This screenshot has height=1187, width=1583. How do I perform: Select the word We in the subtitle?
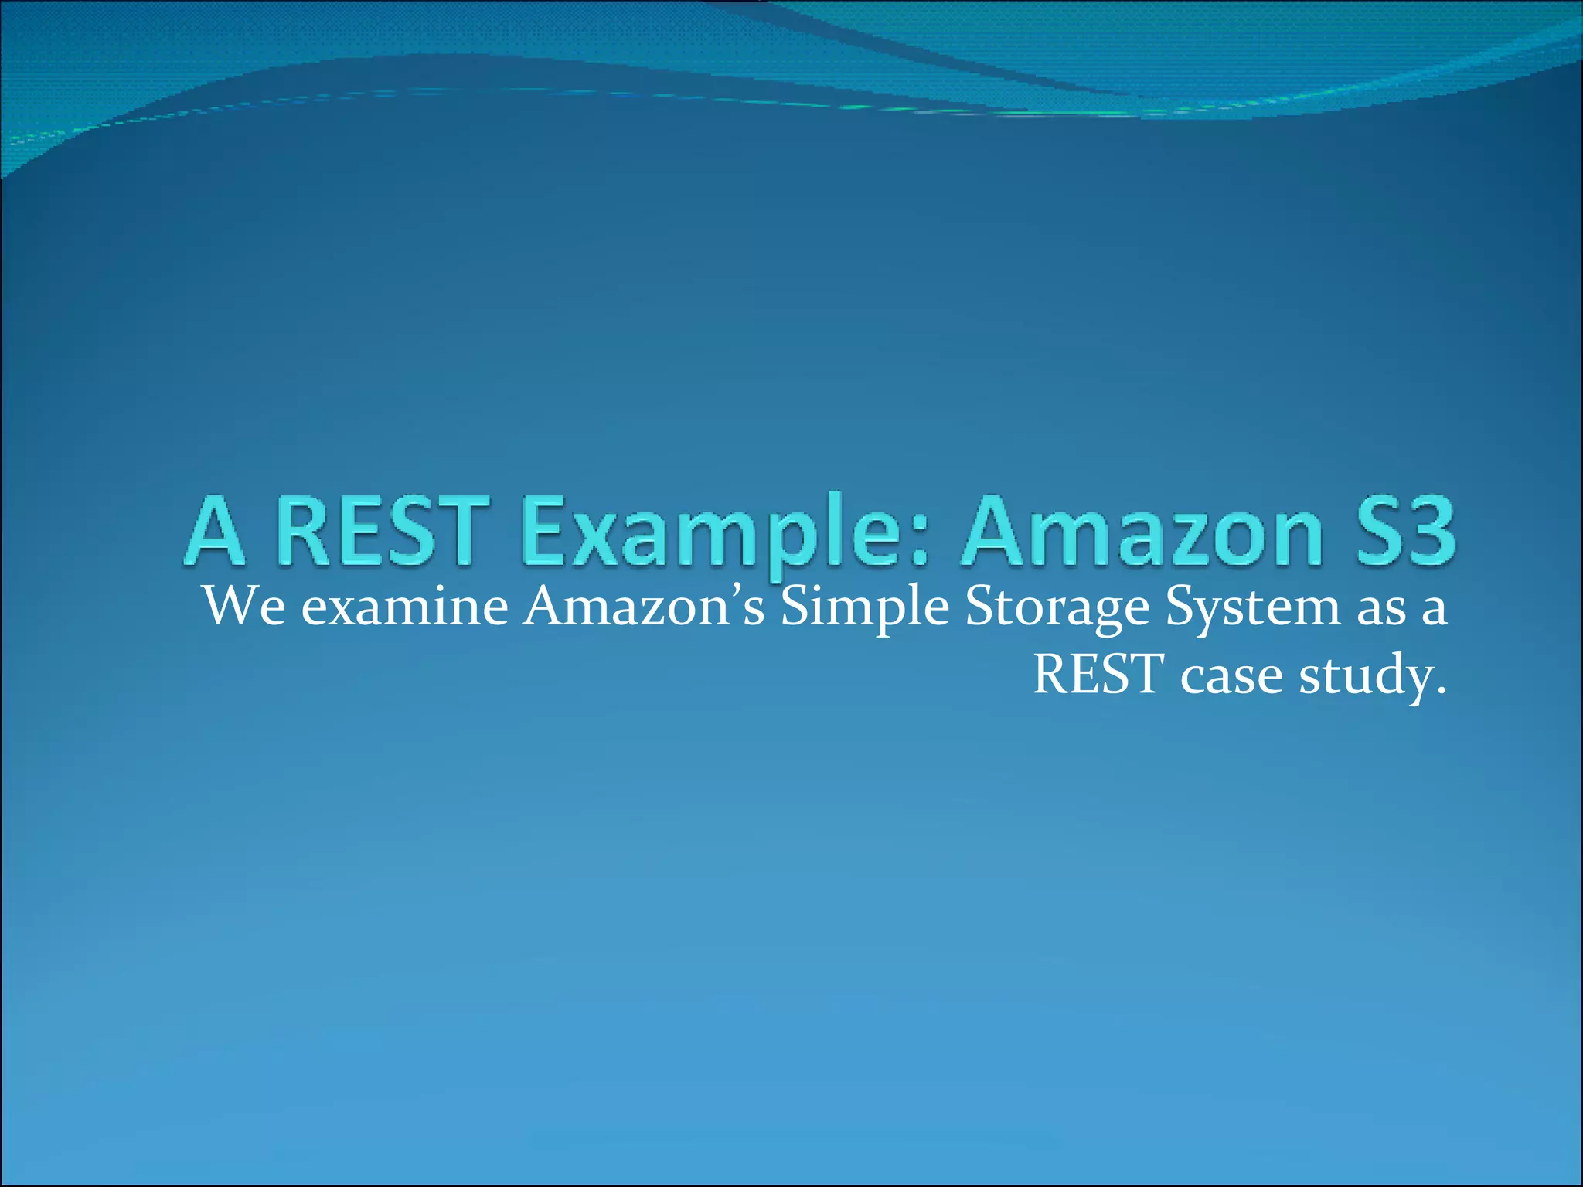(243, 606)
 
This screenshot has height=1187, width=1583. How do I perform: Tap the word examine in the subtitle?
(404, 607)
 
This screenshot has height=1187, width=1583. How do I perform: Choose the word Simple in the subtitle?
(864, 607)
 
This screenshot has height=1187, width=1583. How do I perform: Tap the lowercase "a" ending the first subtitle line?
(1434, 611)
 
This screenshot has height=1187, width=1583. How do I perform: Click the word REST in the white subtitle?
(1098, 675)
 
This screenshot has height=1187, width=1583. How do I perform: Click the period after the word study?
(1440, 690)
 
